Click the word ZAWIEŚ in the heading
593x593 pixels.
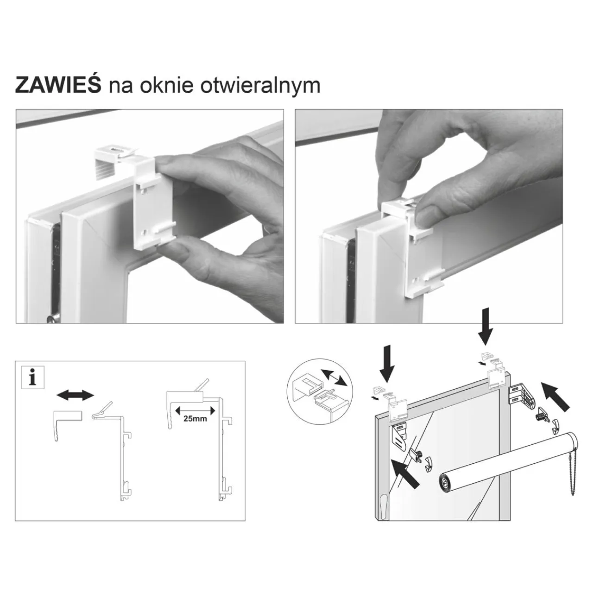click(x=58, y=85)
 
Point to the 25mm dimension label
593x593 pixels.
click(x=195, y=418)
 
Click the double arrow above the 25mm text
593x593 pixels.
click(x=195, y=410)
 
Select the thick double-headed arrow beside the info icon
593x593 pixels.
click(x=76, y=395)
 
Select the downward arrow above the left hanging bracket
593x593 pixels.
click(x=387, y=363)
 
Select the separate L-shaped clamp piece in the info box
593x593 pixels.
click(x=67, y=424)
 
